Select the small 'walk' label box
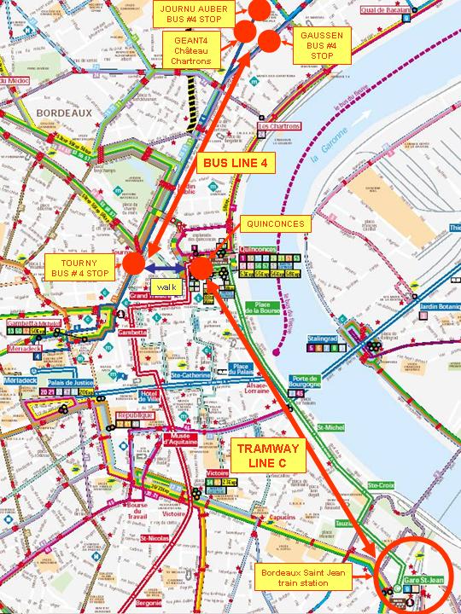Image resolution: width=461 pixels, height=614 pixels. click(165, 287)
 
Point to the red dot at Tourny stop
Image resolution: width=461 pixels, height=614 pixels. click(133, 264)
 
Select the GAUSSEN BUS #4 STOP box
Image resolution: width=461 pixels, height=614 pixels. click(322, 46)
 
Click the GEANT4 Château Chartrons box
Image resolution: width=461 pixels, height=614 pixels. click(192, 49)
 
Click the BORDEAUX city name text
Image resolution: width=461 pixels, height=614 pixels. click(63, 112)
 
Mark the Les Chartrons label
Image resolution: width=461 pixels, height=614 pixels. click(280, 126)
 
